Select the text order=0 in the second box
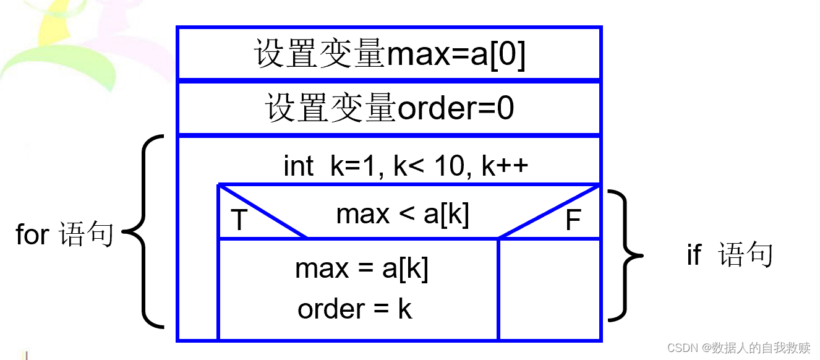(455, 109)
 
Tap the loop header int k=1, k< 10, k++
(406, 166)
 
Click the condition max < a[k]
(403, 214)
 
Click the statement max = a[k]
(362, 269)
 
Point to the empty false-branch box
(549, 289)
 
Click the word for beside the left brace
(32, 234)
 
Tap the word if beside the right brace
(694, 254)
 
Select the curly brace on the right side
(626, 255)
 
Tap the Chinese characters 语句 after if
(746, 254)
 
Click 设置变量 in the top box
(319, 54)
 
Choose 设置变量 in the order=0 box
(331, 109)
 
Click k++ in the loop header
(505, 166)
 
